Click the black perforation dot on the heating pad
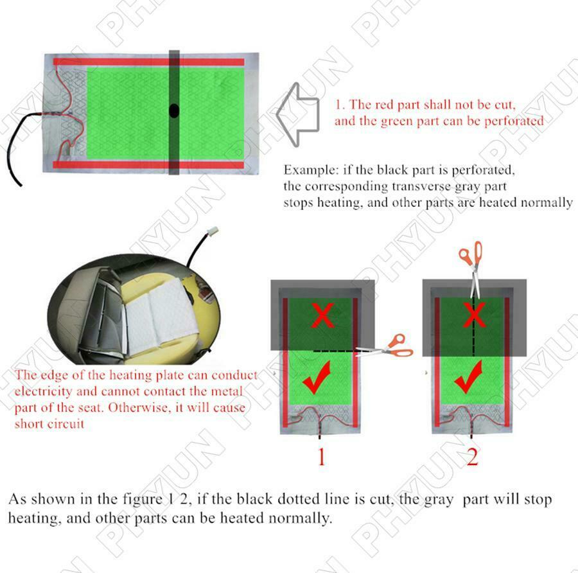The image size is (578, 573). click(174, 110)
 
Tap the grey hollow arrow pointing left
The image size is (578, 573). click(297, 115)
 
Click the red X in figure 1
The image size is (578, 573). click(322, 315)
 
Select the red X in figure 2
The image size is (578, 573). click(474, 315)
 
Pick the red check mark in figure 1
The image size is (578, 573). click(317, 377)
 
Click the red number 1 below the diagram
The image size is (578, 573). click(322, 457)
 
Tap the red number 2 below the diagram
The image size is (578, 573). click(472, 457)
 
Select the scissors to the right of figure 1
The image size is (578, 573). click(385, 347)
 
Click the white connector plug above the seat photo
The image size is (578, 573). click(213, 233)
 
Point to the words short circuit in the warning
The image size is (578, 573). click(49, 424)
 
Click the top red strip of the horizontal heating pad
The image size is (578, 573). click(149, 62)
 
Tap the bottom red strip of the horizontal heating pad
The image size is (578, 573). click(149, 164)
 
